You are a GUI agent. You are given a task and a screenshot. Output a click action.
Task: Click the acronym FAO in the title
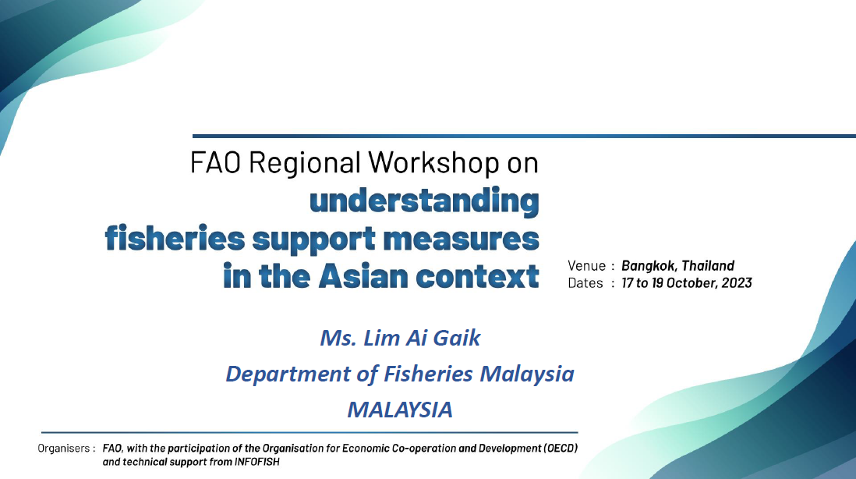(215, 162)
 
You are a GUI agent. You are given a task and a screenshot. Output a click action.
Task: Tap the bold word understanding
(424, 201)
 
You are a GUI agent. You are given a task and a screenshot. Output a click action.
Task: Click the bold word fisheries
(175, 239)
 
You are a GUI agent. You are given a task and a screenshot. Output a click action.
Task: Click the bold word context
(478, 276)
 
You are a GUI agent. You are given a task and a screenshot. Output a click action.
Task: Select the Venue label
(587, 266)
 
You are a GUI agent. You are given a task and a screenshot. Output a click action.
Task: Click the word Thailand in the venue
(708, 265)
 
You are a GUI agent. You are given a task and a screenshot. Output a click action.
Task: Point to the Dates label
(585, 283)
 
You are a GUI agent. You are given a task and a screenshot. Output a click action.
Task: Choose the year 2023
(737, 283)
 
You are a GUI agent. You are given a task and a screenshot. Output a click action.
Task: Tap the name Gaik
(456, 338)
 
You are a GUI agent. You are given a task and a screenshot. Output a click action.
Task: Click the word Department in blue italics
(288, 374)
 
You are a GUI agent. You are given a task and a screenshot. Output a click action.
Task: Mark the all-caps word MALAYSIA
(400, 410)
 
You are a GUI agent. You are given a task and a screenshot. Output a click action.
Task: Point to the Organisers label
(63, 449)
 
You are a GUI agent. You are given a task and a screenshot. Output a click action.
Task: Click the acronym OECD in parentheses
(561, 449)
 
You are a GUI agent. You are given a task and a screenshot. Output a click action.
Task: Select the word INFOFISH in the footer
(257, 462)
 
